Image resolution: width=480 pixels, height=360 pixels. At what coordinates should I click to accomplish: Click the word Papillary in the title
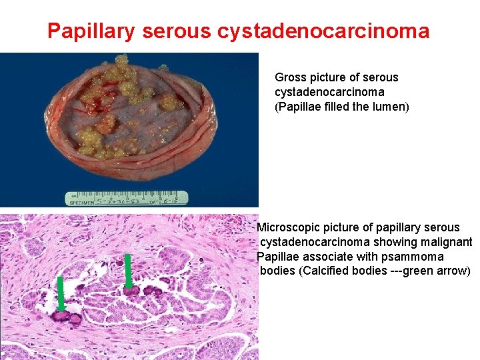click(90, 31)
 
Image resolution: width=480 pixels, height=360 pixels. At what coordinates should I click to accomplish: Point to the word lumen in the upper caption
click(388, 107)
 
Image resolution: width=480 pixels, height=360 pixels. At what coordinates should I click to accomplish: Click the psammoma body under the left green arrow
click(63, 316)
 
